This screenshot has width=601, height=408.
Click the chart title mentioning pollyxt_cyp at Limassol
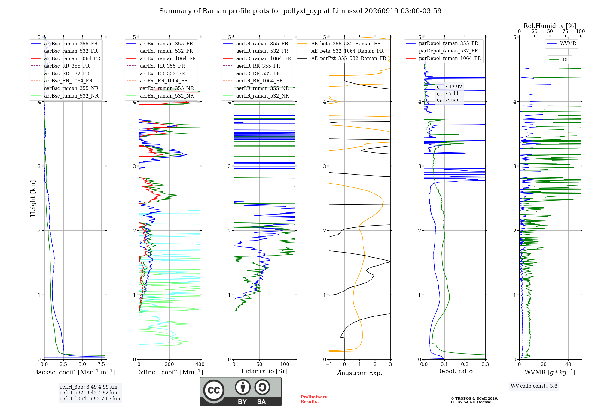[x=300, y=11]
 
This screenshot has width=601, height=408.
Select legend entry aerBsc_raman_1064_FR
[x=66, y=58]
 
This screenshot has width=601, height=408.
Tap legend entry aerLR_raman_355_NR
[x=256, y=88]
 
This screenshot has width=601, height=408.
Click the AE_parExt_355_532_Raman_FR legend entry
[x=342, y=58]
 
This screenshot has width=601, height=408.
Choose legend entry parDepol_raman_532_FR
[x=442, y=51]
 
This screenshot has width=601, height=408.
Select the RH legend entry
[x=560, y=60]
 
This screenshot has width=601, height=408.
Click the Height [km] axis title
[x=33, y=198]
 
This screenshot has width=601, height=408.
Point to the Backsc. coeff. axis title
[x=75, y=372]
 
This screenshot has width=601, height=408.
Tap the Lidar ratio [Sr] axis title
[x=264, y=371]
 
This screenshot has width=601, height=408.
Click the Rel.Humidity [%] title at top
[x=550, y=26]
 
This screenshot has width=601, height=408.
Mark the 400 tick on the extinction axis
[x=200, y=364]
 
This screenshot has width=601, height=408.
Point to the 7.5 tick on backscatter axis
[x=101, y=364]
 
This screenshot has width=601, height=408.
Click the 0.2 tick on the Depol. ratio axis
[x=465, y=364]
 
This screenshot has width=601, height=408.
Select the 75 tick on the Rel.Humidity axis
[x=565, y=31]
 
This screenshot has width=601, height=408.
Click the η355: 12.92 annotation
[x=449, y=87]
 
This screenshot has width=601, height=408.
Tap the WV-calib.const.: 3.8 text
[x=534, y=386]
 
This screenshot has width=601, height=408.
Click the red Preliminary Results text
[x=314, y=399]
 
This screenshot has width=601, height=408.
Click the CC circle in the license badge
[x=214, y=390]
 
